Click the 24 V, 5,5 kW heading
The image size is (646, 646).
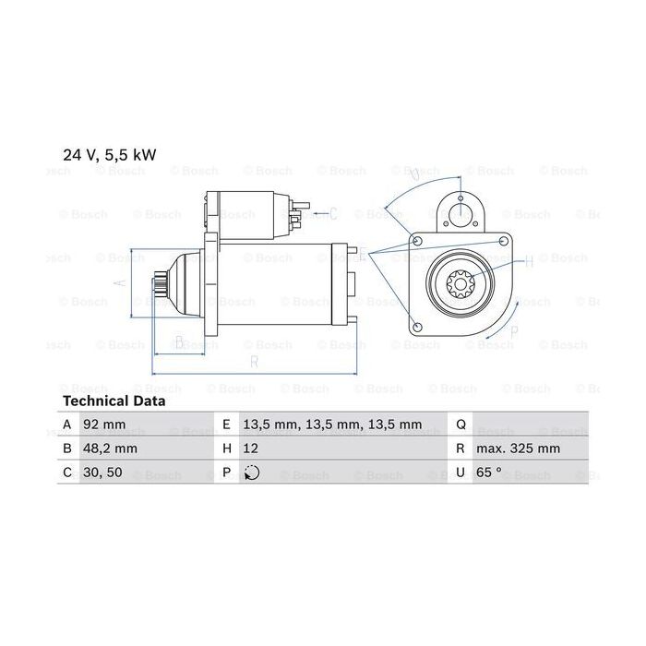[110, 155]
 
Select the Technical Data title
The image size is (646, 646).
[114, 401]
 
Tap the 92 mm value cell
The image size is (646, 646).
[103, 425]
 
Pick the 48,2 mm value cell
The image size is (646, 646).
[110, 449]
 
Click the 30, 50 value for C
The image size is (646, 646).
[102, 473]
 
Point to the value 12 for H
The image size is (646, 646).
[250, 449]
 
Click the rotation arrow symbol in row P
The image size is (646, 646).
[252, 473]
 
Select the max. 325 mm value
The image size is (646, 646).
[518, 449]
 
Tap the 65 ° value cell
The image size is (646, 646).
[489, 473]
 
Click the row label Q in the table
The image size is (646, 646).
[461, 425]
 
